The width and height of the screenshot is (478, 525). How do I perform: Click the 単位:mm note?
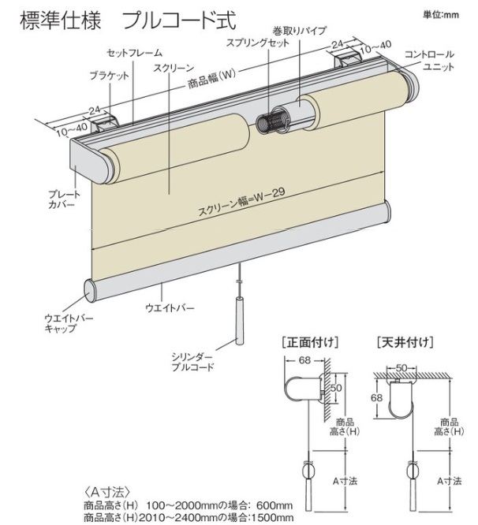click(x=439, y=13)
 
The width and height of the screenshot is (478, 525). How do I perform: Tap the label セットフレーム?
click(x=135, y=53)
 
